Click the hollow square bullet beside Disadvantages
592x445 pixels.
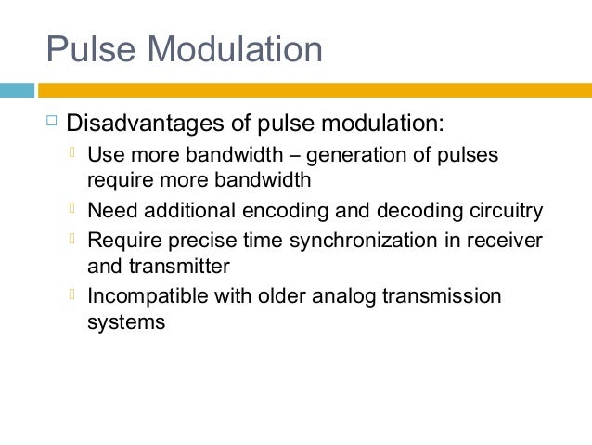coord(51,121)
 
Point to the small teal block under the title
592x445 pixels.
coord(17,90)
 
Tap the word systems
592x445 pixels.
coord(125,322)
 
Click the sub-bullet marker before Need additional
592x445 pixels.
coord(74,209)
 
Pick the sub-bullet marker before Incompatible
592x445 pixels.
coord(74,294)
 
